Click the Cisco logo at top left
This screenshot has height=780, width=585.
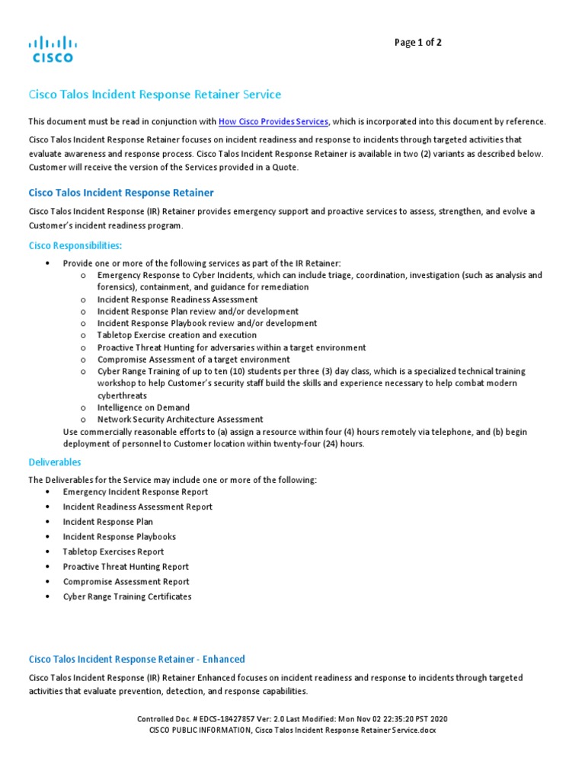click(52, 48)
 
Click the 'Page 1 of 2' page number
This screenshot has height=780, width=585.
click(417, 43)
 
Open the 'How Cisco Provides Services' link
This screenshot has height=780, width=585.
click(273, 122)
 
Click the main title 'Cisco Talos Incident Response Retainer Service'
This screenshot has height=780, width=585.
click(155, 94)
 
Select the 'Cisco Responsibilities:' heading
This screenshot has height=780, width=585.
click(75, 245)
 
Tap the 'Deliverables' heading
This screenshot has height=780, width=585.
click(54, 462)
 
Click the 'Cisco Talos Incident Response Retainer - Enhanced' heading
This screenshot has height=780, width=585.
click(136, 659)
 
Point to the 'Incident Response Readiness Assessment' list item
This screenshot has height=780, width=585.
click(177, 299)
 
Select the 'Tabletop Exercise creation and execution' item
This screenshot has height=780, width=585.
click(177, 335)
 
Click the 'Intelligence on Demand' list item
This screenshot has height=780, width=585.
click(143, 408)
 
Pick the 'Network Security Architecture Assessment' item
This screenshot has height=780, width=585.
click(180, 419)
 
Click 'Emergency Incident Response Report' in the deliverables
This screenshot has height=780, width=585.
click(135, 492)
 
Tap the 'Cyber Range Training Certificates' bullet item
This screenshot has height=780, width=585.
click(127, 596)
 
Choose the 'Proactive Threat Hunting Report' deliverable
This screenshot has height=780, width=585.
click(126, 567)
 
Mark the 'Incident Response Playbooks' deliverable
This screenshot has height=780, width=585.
click(119, 537)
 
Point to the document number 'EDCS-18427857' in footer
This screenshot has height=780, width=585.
click(216, 719)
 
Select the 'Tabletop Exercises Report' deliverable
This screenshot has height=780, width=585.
click(113, 551)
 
